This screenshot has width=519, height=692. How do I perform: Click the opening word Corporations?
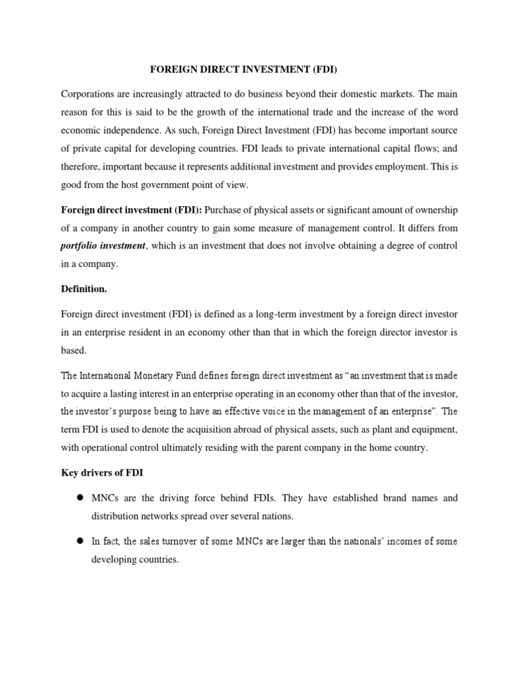pyautogui.click(x=87, y=93)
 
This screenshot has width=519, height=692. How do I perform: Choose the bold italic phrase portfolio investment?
pyautogui.click(x=103, y=245)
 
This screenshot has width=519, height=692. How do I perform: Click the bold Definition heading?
pyautogui.click(x=84, y=289)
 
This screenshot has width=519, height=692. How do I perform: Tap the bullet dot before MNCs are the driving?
pyautogui.click(x=79, y=497)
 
